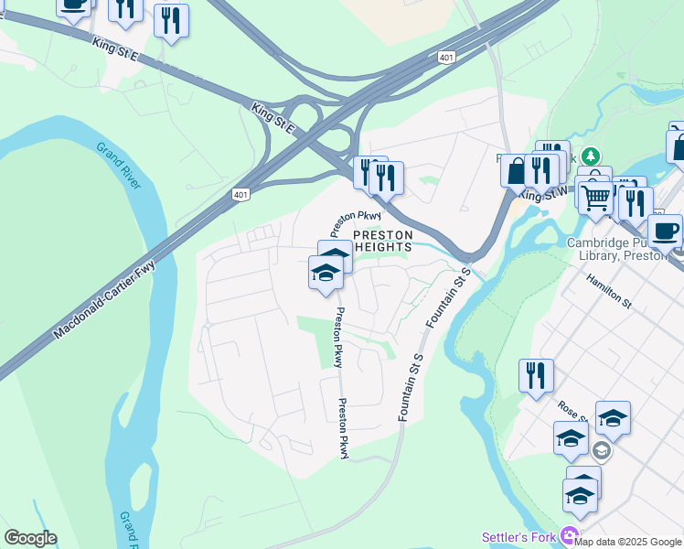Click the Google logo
tap(30, 538)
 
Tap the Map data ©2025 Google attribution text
tap(628, 542)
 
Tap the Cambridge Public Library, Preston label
tap(625, 249)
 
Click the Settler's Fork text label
tap(521, 536)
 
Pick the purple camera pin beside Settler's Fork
tap(571, 535)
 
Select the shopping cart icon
tap(595, 197)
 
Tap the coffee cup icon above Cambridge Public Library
tap(665, 230)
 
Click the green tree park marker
tap(592, 156)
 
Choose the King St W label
tap(540, 195)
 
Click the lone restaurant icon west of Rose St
tap(536, 375)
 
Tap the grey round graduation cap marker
tap(601, 450)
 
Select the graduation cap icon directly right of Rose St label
tap(613, 418)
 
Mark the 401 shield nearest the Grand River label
tap(240, 195)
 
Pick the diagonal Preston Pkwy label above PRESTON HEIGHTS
tap(355, 221)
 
